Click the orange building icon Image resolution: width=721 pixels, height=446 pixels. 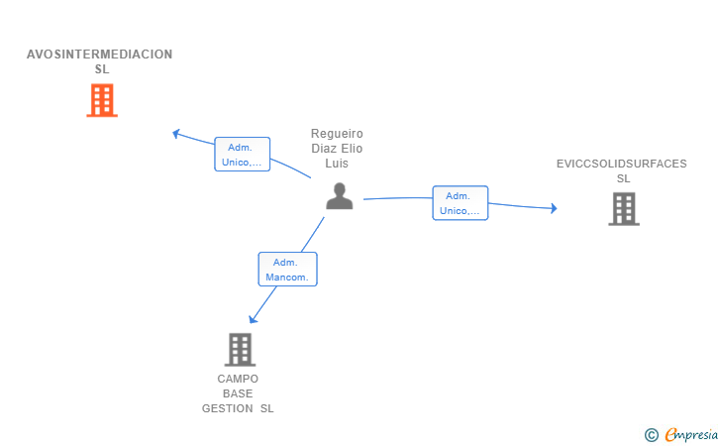click(x=102, y=100)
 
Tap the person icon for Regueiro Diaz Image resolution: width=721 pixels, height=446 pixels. click(x=340, y=196)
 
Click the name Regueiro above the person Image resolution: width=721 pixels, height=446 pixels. click(x=337, y=134)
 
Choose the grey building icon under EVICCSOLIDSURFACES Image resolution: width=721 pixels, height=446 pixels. click(x=624, y=209)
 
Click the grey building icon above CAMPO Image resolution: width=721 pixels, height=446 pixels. click(x=240, y=350)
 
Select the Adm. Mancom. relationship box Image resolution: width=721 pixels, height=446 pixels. click(x=288, y=270)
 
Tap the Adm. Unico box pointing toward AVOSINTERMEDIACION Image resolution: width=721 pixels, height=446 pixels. click(x=243, y=155)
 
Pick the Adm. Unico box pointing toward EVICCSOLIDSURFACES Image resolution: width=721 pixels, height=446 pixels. click(x=461, y=203)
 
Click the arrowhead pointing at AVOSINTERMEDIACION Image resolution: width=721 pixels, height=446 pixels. click(x=175, y=134)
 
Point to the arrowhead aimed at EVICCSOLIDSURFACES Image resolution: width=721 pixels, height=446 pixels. click(x=554, y=208)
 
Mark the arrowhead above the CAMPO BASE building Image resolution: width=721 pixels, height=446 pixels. click(x=253, y=319)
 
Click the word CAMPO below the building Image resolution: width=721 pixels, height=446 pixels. click(x=238, y=379)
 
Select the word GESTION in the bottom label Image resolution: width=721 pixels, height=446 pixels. click(x=227, y=408)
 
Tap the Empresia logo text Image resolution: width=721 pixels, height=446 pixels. click(x=691, y=434)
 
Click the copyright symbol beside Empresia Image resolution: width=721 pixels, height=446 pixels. click(x=652, y=435)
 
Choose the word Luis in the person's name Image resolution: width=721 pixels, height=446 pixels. click(x=337, y=164)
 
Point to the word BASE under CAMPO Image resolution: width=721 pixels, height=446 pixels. click(x=238, y=394)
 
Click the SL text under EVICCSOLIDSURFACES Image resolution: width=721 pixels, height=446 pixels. click(x=624, y=178)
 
